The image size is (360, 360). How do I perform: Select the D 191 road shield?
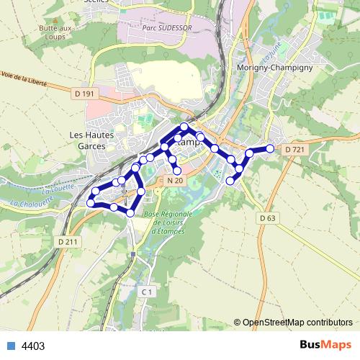pyautogui.click(x=84, y=94)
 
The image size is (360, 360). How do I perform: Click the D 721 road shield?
pyautogui.click(x=295, y=149)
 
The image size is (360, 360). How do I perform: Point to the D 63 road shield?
pyautogui.click(x=266, y=218)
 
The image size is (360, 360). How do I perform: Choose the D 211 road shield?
pyautogui.click(x=67, y=242)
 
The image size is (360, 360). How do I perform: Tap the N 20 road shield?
pyautogui.click(x=175, y=180)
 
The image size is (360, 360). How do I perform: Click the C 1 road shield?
pyautogui.click(x=147, y=292)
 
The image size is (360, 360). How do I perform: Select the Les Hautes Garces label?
pyautogui.click(x=88, y=140)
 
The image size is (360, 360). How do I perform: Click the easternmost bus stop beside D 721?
pyautogui.click(x=270, y=148)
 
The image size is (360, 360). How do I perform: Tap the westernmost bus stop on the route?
pyautogui.click(x=91, y=203)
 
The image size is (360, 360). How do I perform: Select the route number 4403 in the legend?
pyautogui.click(x=33, y=346)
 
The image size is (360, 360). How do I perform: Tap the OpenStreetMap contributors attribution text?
pyautogui.click(x=298, y=323)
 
